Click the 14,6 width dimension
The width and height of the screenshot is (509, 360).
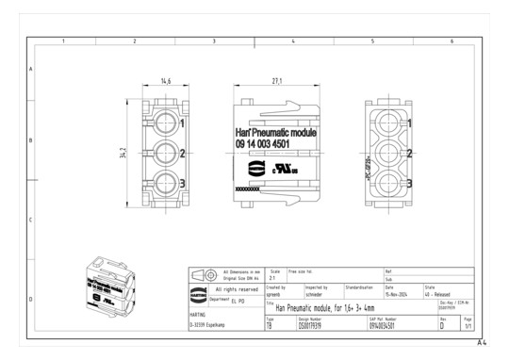coord(165,82)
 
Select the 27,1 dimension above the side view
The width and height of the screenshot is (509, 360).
coord(277,82)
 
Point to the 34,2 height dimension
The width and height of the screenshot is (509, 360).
coord(123,153)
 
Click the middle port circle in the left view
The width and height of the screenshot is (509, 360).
coord(165,153)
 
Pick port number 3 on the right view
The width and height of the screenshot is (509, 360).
coord(409,183)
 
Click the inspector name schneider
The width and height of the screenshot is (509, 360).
coord(316,294)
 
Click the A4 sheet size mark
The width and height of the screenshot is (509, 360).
coord(483,344)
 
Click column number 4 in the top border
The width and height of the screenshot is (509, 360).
coord(293,41)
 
